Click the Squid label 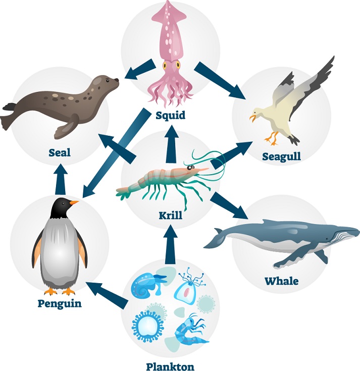tap(170, 116)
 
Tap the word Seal tap(60, 152)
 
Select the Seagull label tap(281, 156)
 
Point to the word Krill tap(171, 216)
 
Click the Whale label tap(281, 281)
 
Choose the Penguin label tap(60, 303)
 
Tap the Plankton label tap(170, 366)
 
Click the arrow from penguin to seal tap(60, 179)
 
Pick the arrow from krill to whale tap(230, 205)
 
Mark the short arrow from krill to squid tap(171, 144)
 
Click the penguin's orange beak tap(74, 203)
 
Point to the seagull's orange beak tap(253, 118)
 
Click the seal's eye tap(108, 81)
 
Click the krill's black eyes tap(190, 168)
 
